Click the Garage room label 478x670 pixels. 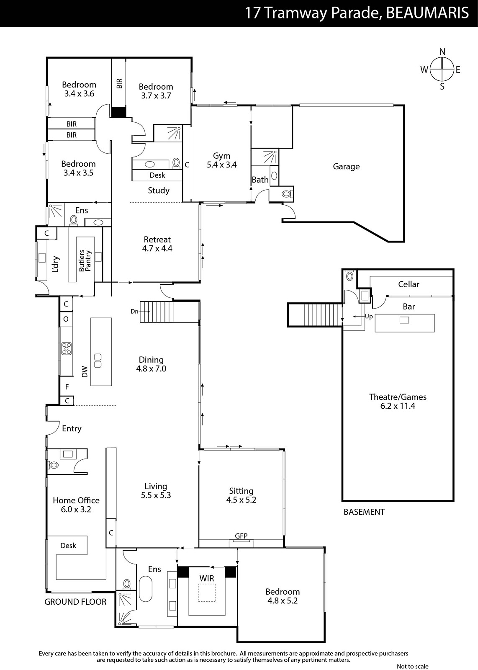(346, 167)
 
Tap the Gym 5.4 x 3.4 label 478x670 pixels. (221, 160)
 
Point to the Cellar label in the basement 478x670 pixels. (409, 284)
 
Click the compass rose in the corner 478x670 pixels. (442, 70)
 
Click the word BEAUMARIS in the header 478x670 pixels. (427, 13)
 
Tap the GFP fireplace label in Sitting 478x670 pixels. (241, 536)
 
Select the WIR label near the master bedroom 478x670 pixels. (207, 578)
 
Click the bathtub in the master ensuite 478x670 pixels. (146, 588)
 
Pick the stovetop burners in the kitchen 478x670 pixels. (67, 349)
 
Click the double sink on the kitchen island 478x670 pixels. (98, 361)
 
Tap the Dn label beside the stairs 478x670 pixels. (134, 312)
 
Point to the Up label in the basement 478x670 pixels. (369, 317)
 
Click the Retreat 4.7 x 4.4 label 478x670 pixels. (157, 244)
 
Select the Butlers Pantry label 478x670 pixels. (85, 260)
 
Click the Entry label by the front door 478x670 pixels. (72, 429)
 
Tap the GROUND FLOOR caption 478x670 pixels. (75, 602)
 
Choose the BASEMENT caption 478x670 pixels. (364, 512)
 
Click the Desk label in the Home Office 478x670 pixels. (68, 545)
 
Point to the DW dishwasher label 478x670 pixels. (85, 371)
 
